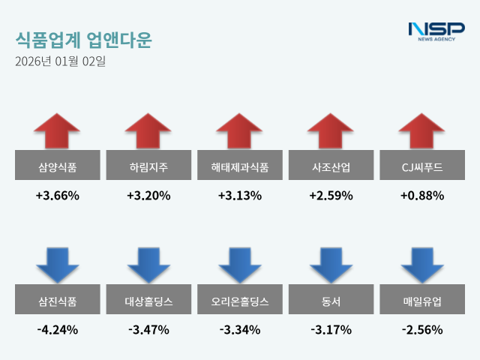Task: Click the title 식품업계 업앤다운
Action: click(82, 40)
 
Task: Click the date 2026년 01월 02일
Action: click(61, 61)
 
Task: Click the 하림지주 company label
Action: click(148, 166)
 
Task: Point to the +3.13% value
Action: click(240, 196)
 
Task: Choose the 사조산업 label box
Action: click(331, 166)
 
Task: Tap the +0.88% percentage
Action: click(423, 196)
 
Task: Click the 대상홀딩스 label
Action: click(148, 302)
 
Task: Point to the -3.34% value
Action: click(240, 329)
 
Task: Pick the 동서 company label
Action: click(331, 302)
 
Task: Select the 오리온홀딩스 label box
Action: click(240, 302)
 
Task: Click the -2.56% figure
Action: click(423, 329)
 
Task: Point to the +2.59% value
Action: click(331, 196)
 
